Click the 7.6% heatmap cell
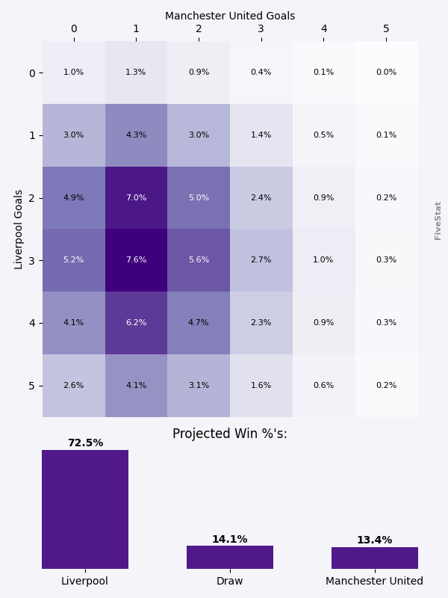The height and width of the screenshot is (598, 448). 136,260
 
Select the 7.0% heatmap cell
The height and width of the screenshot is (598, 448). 136,197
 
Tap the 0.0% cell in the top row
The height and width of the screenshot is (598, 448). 386,73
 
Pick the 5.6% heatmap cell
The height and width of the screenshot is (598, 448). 199,260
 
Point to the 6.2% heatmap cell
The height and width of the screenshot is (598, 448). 136,323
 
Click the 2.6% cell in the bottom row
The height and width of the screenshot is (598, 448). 73,386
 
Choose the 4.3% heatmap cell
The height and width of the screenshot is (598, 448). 136,135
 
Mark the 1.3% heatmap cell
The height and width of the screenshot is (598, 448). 136,73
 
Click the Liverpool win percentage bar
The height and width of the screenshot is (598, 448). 85,509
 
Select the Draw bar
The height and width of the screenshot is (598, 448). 230,557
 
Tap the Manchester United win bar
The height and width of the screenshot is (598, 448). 375,558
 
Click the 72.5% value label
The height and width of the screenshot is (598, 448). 85,443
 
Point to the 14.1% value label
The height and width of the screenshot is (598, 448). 230,540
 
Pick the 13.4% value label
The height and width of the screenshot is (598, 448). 375,540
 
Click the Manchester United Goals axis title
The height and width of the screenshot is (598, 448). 230,16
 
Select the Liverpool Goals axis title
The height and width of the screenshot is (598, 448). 19,229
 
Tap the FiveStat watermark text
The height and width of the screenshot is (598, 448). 438,221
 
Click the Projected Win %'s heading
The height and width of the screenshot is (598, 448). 230,434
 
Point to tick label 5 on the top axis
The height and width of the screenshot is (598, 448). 386,29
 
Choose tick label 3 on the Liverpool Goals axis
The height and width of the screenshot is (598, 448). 32,260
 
